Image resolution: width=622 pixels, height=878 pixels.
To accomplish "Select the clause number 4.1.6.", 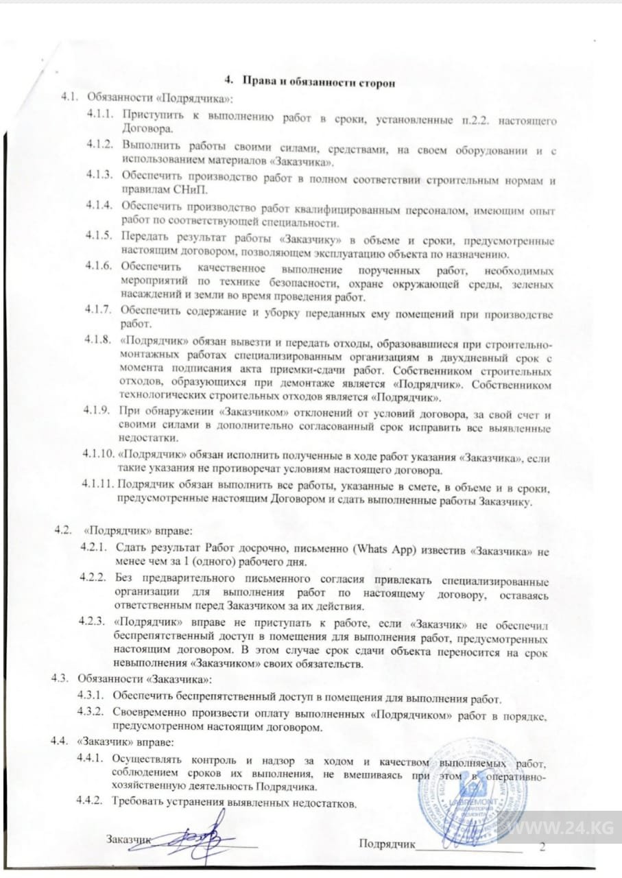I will point(99,266).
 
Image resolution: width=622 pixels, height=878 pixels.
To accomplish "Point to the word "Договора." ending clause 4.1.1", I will point(142,128).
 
